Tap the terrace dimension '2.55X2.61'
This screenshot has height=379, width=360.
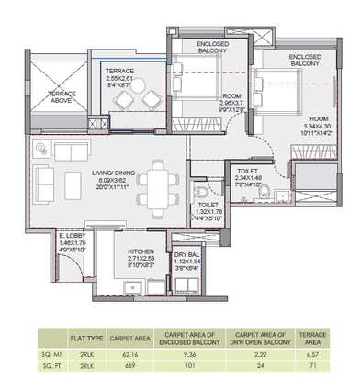click(x=119, y=79)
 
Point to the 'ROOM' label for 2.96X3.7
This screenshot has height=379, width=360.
click(x=231, y=96)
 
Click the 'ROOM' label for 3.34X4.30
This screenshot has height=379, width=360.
click(x=319, y=118)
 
